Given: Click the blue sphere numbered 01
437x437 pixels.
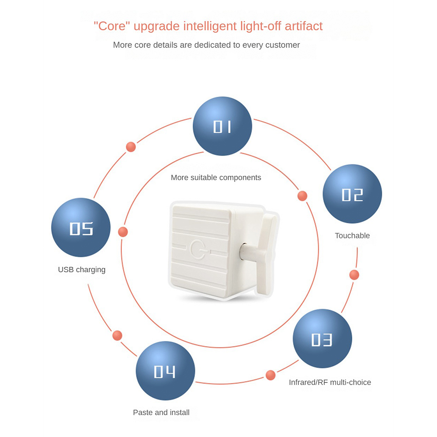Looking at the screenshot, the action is pyautogui.click(x=222, y=126).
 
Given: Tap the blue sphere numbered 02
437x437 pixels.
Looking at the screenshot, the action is pyautogui.click(x=352, y=194).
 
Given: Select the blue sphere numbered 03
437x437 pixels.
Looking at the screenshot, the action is pyautogui.click(x=323, y=338).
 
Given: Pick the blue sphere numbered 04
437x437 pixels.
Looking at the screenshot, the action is pyautogui.click(x=165, y=371).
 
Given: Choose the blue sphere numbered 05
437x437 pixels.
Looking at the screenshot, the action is pyautogui.click(x=81, y=227).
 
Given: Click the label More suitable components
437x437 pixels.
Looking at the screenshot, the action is pyautogui.click(x=216, y=177).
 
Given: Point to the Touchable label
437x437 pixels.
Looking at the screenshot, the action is pyautogui.click(x=352, y=236).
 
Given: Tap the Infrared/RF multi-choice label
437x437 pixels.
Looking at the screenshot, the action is pyautogui.click(x=330, y=382).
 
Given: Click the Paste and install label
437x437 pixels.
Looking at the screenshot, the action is pyautogui.click(x=161, y=412).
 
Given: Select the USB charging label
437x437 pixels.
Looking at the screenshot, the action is pyautogui.click(x=82, y=270).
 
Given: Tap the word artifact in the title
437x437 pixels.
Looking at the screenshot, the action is pyautogui.click(x=304, y=26).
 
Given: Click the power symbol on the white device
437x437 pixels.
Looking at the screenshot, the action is pyautogui.click(x=198, y=249).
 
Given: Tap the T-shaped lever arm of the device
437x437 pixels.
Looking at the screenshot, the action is pyautogui.click(x=267, y=253).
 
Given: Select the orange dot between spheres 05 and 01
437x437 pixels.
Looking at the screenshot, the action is pyautogui.click(x=131, y=147).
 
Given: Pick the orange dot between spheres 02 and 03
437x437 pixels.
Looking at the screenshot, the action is pyautogui.click(x=354, y=275).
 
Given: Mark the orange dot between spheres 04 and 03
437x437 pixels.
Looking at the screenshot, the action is pyautogui.click(x=271, y=375).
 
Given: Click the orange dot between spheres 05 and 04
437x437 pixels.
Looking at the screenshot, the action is pyautogui.click(x=117, y=335).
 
